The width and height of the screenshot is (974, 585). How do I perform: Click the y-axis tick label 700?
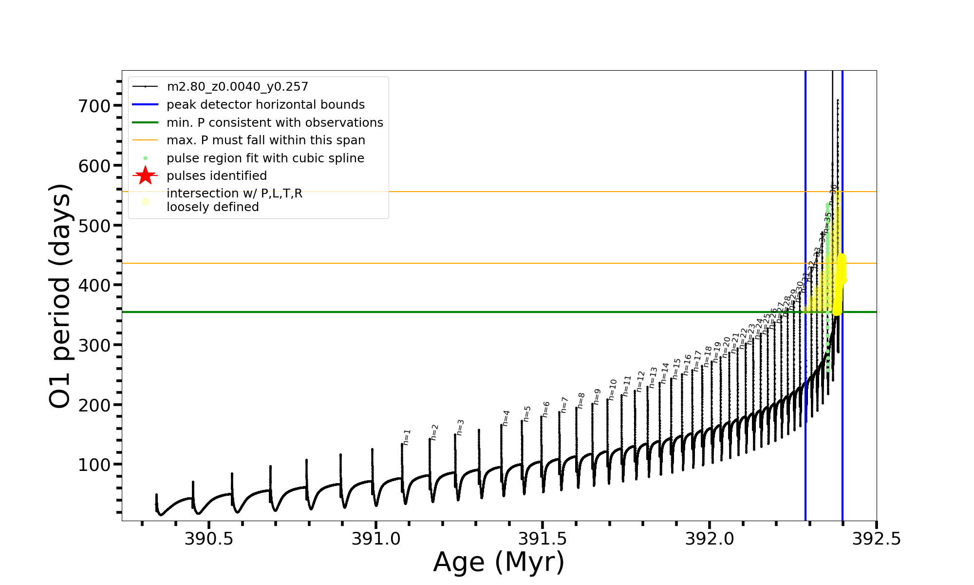[x=94, y=106]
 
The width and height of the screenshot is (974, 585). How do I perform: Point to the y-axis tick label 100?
[x=94, y=465]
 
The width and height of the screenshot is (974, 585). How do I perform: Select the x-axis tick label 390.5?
[x=209, y=539]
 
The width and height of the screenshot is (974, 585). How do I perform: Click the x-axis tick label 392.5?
[x=877, y=539]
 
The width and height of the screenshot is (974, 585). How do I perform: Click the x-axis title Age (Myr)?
[x=499, y=562]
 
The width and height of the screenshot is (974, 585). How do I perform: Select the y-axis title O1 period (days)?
[x=60, y=296]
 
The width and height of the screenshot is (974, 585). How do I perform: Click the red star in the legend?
[x=145, y=175]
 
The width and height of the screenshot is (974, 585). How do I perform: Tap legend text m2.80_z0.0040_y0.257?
[x=237, y=87]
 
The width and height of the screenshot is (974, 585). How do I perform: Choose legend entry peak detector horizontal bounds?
[x=265, y=105]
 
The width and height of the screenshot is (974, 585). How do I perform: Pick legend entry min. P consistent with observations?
[x=275, y=122]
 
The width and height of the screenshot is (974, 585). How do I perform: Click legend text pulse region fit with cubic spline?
[x=265, y=158]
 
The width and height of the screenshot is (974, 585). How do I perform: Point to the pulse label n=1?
[x=407, y=437]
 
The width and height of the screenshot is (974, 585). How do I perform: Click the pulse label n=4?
[x=506, y=418]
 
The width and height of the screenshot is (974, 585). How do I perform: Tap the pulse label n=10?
[x=613, y=390]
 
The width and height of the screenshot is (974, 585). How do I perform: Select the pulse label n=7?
[x=564, y=405]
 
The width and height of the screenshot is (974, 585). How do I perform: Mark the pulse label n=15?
[x=676, y=369]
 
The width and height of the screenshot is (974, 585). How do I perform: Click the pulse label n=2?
[x=434, y=432]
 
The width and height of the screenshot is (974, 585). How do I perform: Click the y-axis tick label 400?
[x=94, y=285]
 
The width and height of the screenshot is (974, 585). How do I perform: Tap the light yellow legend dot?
[x=145, y=201]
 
